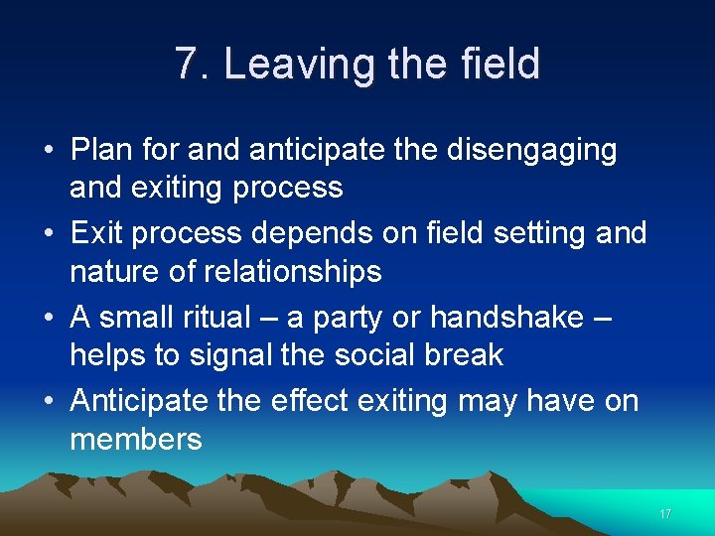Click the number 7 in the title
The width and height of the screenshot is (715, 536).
pyautogui.click(x=186, y=64)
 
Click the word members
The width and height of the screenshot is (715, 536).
pyautogui.click(x=136, y=439)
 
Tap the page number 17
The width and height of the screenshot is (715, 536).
pyautogui.click(x=665, y=514)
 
